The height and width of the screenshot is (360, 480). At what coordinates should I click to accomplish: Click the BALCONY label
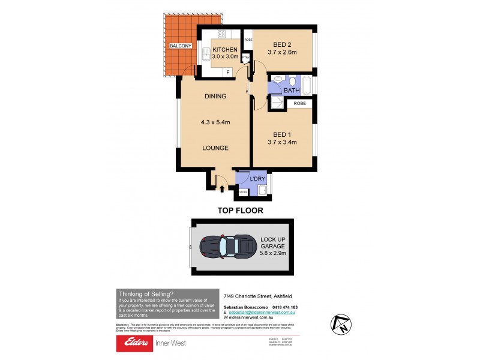(181, 46)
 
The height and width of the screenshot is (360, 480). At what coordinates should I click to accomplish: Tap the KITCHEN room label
(225, 50)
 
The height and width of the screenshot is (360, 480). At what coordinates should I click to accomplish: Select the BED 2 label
(282, 44)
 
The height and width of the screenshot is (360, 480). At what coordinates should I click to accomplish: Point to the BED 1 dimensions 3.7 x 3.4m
(282, 142)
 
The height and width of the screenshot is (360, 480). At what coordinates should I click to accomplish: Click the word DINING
(215, 96)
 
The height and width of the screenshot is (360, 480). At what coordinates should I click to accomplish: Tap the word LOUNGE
(215, 148)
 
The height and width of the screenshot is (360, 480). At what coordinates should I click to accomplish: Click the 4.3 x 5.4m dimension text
(215, 122)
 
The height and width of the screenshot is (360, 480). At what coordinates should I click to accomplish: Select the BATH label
(292, 91)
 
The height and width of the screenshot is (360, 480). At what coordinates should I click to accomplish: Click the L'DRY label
(251, 179)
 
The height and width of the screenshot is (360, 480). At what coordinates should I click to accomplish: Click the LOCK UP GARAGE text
(273, 244)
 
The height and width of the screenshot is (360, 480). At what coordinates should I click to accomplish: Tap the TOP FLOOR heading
(240, 211)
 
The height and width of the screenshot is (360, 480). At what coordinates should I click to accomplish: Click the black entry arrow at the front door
(222, 188)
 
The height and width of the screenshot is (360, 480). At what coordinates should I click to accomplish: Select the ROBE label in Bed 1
(299, 103)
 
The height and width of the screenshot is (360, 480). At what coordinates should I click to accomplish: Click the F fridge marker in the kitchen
(227, 72)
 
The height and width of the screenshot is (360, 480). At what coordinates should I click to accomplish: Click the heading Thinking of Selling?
(146, 293)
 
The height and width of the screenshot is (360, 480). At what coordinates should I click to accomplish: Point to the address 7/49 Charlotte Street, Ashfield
(260, 295)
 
